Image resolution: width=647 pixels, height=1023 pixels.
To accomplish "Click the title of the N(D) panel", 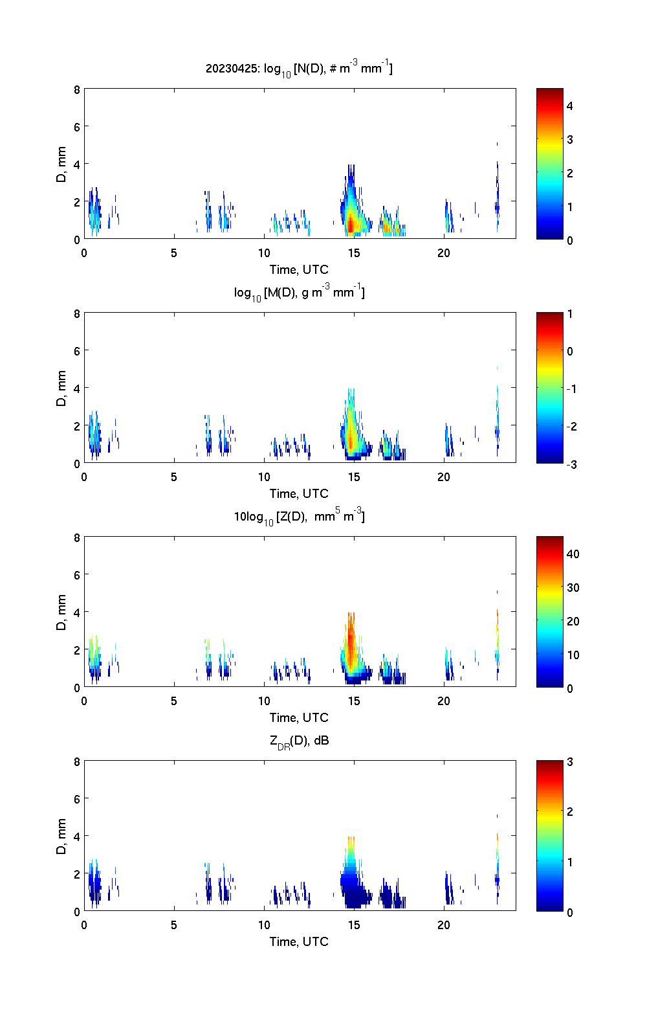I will (299, 69).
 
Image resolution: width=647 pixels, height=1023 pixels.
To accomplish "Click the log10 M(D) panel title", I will (299, 293).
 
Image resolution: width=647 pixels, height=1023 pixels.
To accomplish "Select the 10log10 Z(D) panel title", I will (299, 517).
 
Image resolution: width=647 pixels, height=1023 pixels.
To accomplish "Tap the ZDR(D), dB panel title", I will (299, 741).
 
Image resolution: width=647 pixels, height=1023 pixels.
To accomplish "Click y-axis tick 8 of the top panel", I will (76, 89).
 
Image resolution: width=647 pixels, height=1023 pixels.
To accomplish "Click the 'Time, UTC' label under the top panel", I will (299, 269).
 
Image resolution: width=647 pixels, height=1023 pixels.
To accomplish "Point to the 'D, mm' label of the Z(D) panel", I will (61, 612).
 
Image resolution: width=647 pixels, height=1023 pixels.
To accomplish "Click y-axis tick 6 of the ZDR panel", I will (76, 799).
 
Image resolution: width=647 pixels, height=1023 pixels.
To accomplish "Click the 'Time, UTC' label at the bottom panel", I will (299, 941).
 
